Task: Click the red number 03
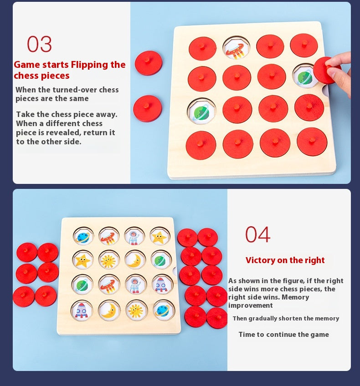39,45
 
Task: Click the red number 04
257,234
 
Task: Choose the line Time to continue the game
283,335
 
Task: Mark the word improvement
251,305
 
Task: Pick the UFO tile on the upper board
236,48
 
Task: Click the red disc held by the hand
326,70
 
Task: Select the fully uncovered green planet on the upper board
201,112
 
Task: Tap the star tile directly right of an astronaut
159,237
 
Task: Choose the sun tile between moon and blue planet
135,310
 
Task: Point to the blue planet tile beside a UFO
83,237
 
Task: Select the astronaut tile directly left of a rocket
135,284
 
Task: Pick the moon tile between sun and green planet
135,260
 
